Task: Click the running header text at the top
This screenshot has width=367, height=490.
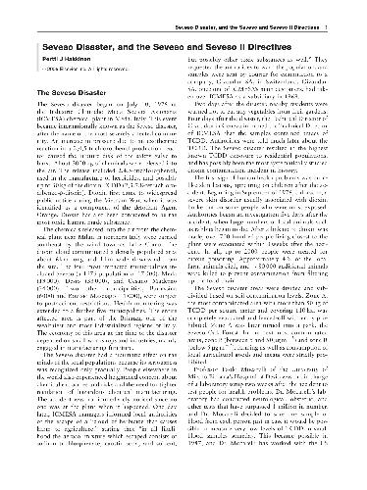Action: click(259, 7)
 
